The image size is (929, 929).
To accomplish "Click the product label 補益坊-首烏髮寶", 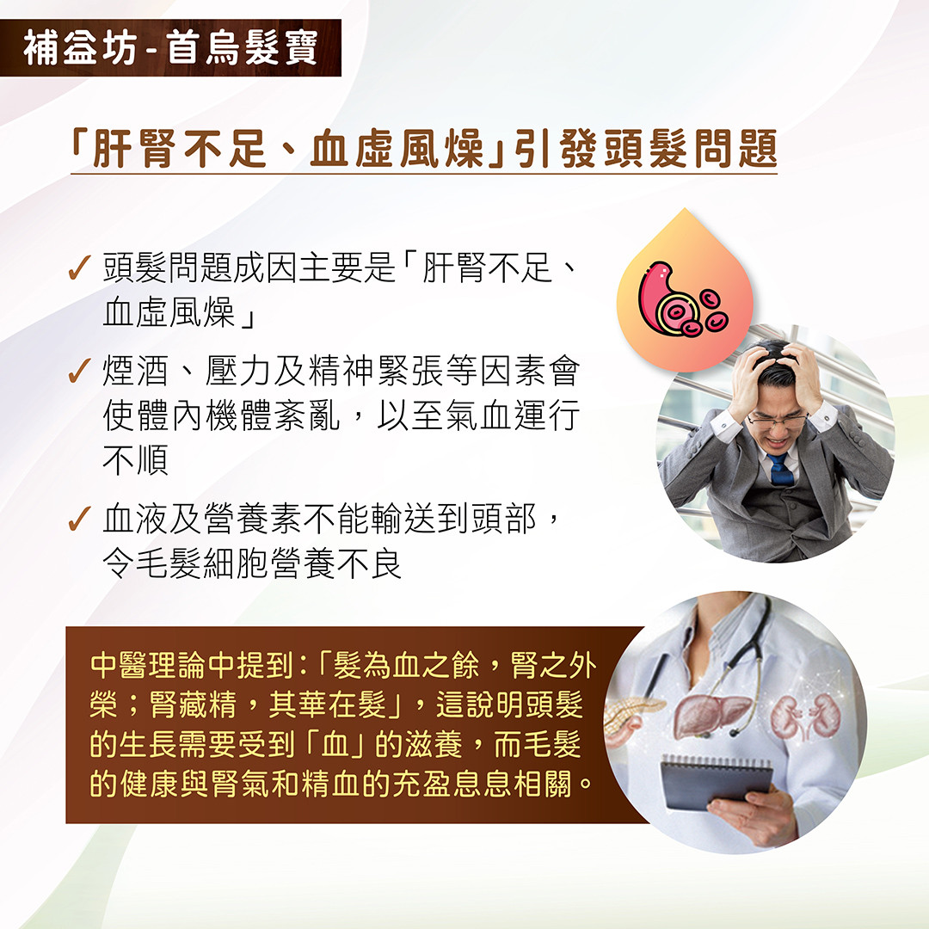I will tap(170, 47).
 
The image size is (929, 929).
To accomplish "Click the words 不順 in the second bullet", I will tap(135, 462).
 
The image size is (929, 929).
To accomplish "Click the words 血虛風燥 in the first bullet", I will tap(169, 312).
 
